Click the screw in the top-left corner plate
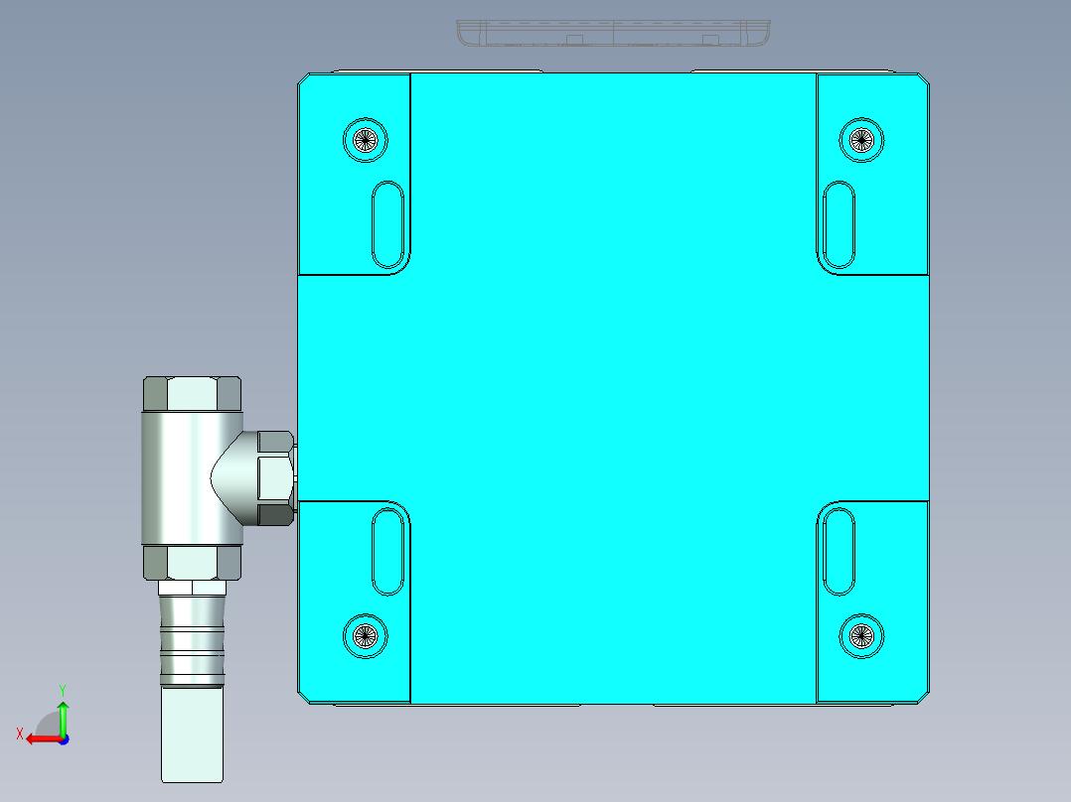(365, 139)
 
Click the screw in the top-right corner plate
(860, 139)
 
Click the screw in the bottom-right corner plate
(860, 635)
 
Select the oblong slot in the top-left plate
(387, 223)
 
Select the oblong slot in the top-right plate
(840, 223)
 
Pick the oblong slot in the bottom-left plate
(387, 551)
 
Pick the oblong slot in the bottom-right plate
(840, 551)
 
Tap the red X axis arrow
(40, 738)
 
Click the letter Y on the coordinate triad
(62, 689)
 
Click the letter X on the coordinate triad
(20, 734)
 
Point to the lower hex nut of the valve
(192, 563)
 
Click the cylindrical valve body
(179, 478)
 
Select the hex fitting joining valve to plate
(273, 477)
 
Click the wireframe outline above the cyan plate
(613, 34)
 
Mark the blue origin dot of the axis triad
(63, 739)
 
